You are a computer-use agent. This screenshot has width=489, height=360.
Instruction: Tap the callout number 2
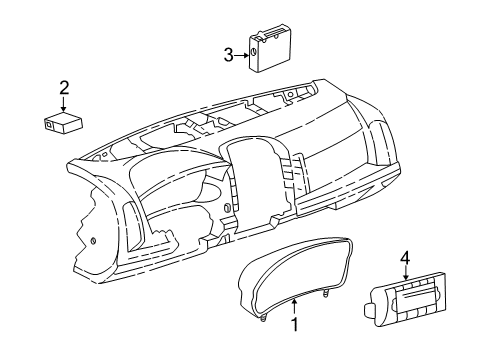coord(64,88)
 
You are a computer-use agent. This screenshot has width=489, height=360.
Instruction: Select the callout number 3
coord(227,55)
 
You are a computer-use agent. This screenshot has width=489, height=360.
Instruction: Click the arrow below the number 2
coord(64,104)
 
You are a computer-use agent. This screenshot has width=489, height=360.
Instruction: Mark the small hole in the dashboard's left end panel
coord(92,240)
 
